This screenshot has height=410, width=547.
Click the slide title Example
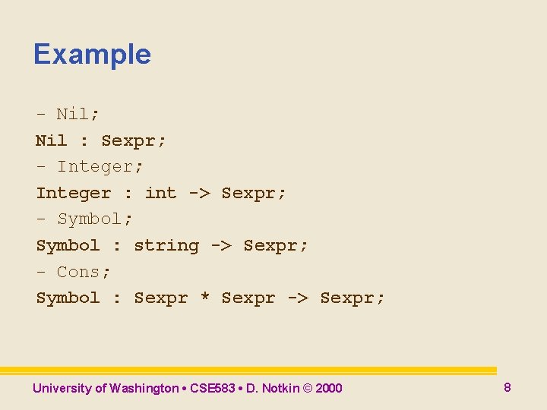(92, 55)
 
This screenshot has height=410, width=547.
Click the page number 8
(507, 387)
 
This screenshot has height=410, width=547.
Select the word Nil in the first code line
(73, 114)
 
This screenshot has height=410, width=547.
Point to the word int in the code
(160, 193)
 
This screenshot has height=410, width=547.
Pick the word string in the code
(166, 245)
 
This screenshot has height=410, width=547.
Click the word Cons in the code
(78, 272)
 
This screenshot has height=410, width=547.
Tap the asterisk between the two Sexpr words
(204, 298)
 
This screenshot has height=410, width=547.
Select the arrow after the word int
(199, 193)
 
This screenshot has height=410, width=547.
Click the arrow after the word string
(221, 245)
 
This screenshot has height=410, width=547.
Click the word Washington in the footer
(144, 389)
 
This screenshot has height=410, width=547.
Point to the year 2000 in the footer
(328, 389)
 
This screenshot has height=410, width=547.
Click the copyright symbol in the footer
(307, 389)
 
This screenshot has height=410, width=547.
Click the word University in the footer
(62, 389)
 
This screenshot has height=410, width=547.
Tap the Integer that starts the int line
(73, 193)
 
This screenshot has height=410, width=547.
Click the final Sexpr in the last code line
(347, 298)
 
